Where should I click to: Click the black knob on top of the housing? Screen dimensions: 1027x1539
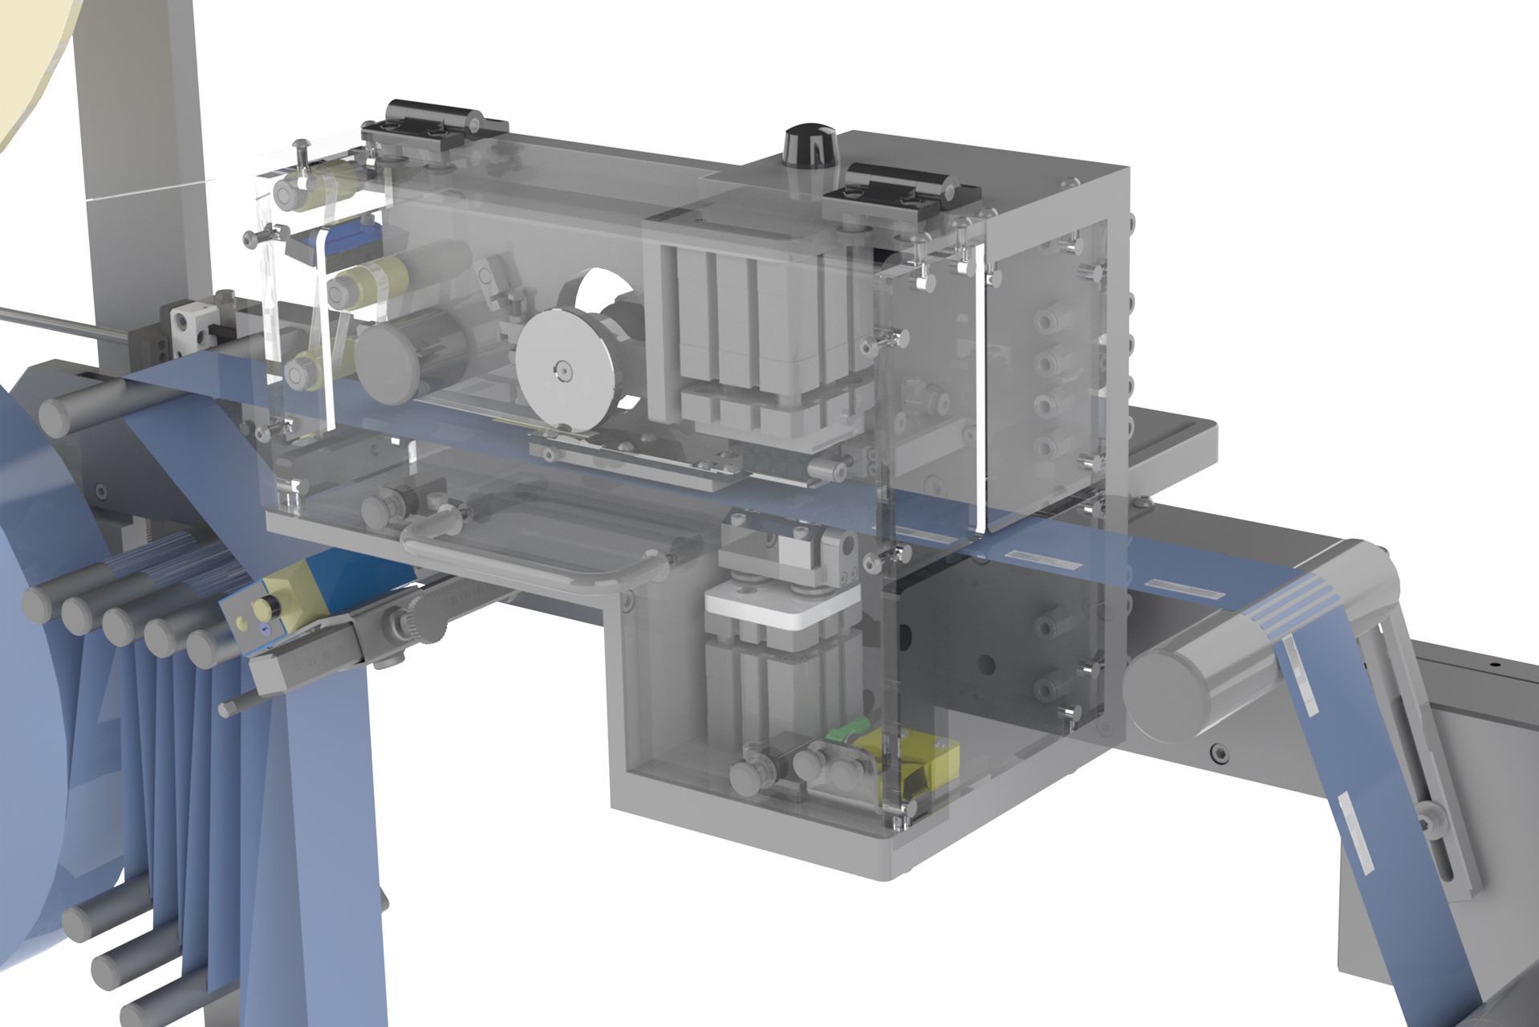pos(809,145)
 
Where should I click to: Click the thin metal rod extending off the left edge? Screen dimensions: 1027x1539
pos(64,320)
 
